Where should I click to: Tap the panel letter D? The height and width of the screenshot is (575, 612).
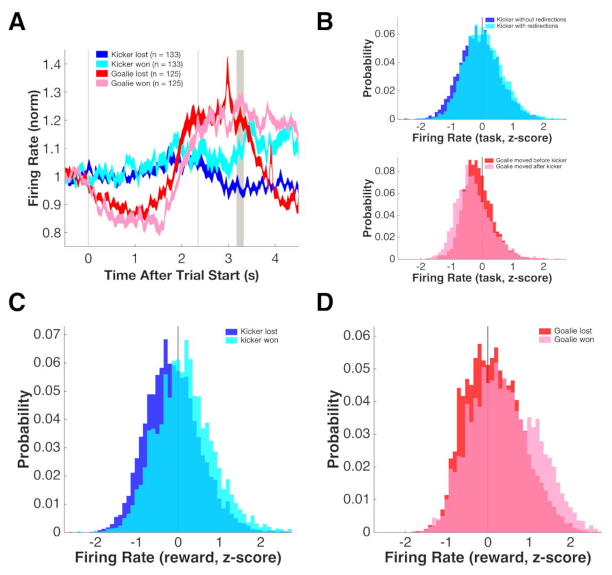coord(325,302)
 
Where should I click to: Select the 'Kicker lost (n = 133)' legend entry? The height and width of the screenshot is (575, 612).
coord(145,55)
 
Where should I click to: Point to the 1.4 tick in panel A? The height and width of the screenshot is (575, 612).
coord(52,64)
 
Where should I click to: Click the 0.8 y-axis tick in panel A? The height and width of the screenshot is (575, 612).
coord(52,232)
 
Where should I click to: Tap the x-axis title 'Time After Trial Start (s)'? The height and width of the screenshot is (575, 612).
coord(181,275)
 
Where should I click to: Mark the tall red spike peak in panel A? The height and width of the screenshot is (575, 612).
coord(227,58)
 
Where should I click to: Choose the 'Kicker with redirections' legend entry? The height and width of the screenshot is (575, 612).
coord(527,26)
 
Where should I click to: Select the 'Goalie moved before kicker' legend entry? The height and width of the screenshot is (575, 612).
coord(531,160)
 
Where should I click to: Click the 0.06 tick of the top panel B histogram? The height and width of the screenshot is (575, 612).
coord(385,34)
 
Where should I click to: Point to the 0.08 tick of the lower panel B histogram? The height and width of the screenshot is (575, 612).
coord(385,171)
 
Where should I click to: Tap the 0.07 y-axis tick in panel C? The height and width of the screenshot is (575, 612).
coord(47,335)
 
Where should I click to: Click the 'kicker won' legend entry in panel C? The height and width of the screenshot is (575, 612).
coord(259,340)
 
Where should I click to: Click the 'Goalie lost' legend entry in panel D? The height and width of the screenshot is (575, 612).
coord(573,331)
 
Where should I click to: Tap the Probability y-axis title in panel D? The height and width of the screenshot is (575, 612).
coord(334,429)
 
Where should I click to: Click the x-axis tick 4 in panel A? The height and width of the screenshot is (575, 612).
coord(275,259)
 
